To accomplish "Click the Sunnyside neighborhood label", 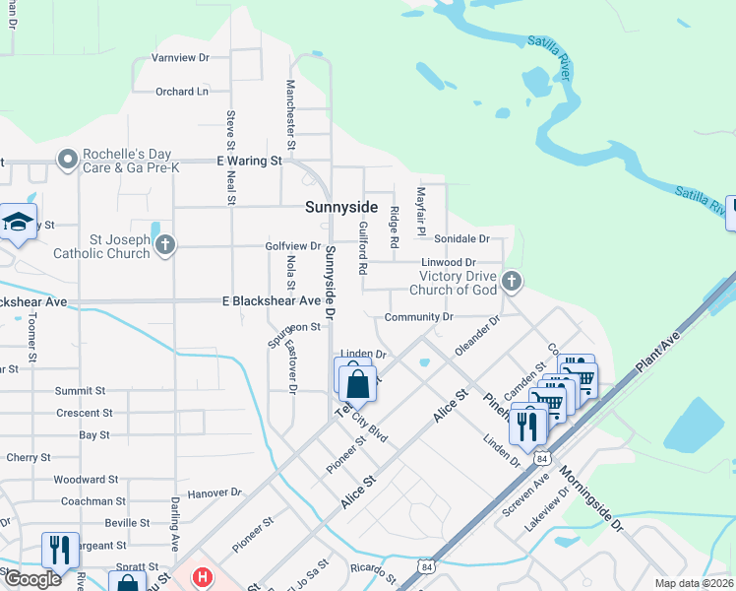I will click(x=341, y=207).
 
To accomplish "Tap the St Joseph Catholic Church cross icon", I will click(x=165, y=243).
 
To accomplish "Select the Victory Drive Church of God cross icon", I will click(x=511, y=282).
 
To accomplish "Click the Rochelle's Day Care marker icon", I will click(x=68, y=159).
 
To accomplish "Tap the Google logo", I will click(x=31, y=579).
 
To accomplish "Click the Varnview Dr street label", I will click(x=181, y=58).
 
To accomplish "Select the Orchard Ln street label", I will click(x=182, y=92).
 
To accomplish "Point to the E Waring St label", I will click(x=249, y=160).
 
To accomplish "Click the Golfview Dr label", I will click(x=292, y=246).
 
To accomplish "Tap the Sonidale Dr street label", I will click(x=461, y=239).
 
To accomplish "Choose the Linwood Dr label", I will click(x=448, y=263).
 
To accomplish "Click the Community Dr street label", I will click(x=418, y=317).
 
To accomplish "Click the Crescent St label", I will click(x=85, y=413).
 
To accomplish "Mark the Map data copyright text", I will click(x=694, y=583).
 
